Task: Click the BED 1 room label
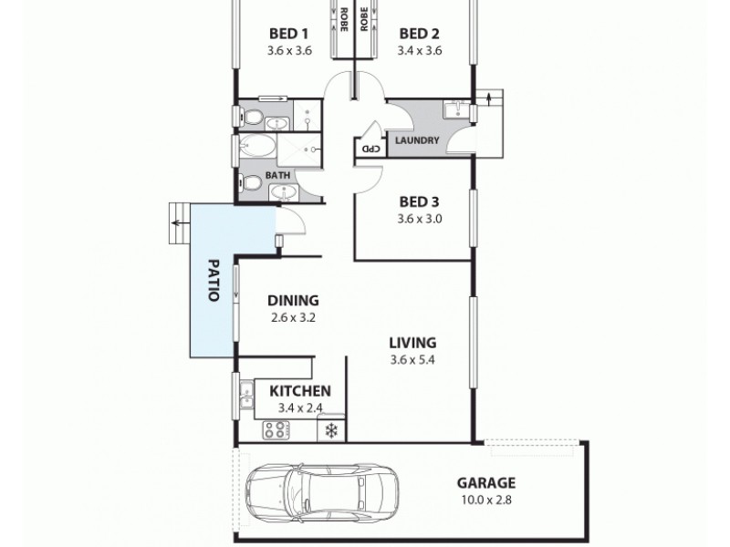[x=289, y=34]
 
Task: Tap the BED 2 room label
[x=419, y=34]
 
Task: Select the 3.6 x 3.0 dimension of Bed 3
[x=420, y=219]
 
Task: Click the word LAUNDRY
[x=417, y=140]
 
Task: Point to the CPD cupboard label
[x=370, y=148]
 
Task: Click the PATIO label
[x=213, y=283]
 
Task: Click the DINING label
[x=292, y=300]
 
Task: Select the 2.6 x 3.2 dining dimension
[x=292, y=318]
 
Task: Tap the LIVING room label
[x=412, y=343]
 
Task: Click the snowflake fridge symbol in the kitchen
[x=330, y=429]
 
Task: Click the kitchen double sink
[x=245, y=396]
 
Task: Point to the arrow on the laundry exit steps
[x=493, y=97]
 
